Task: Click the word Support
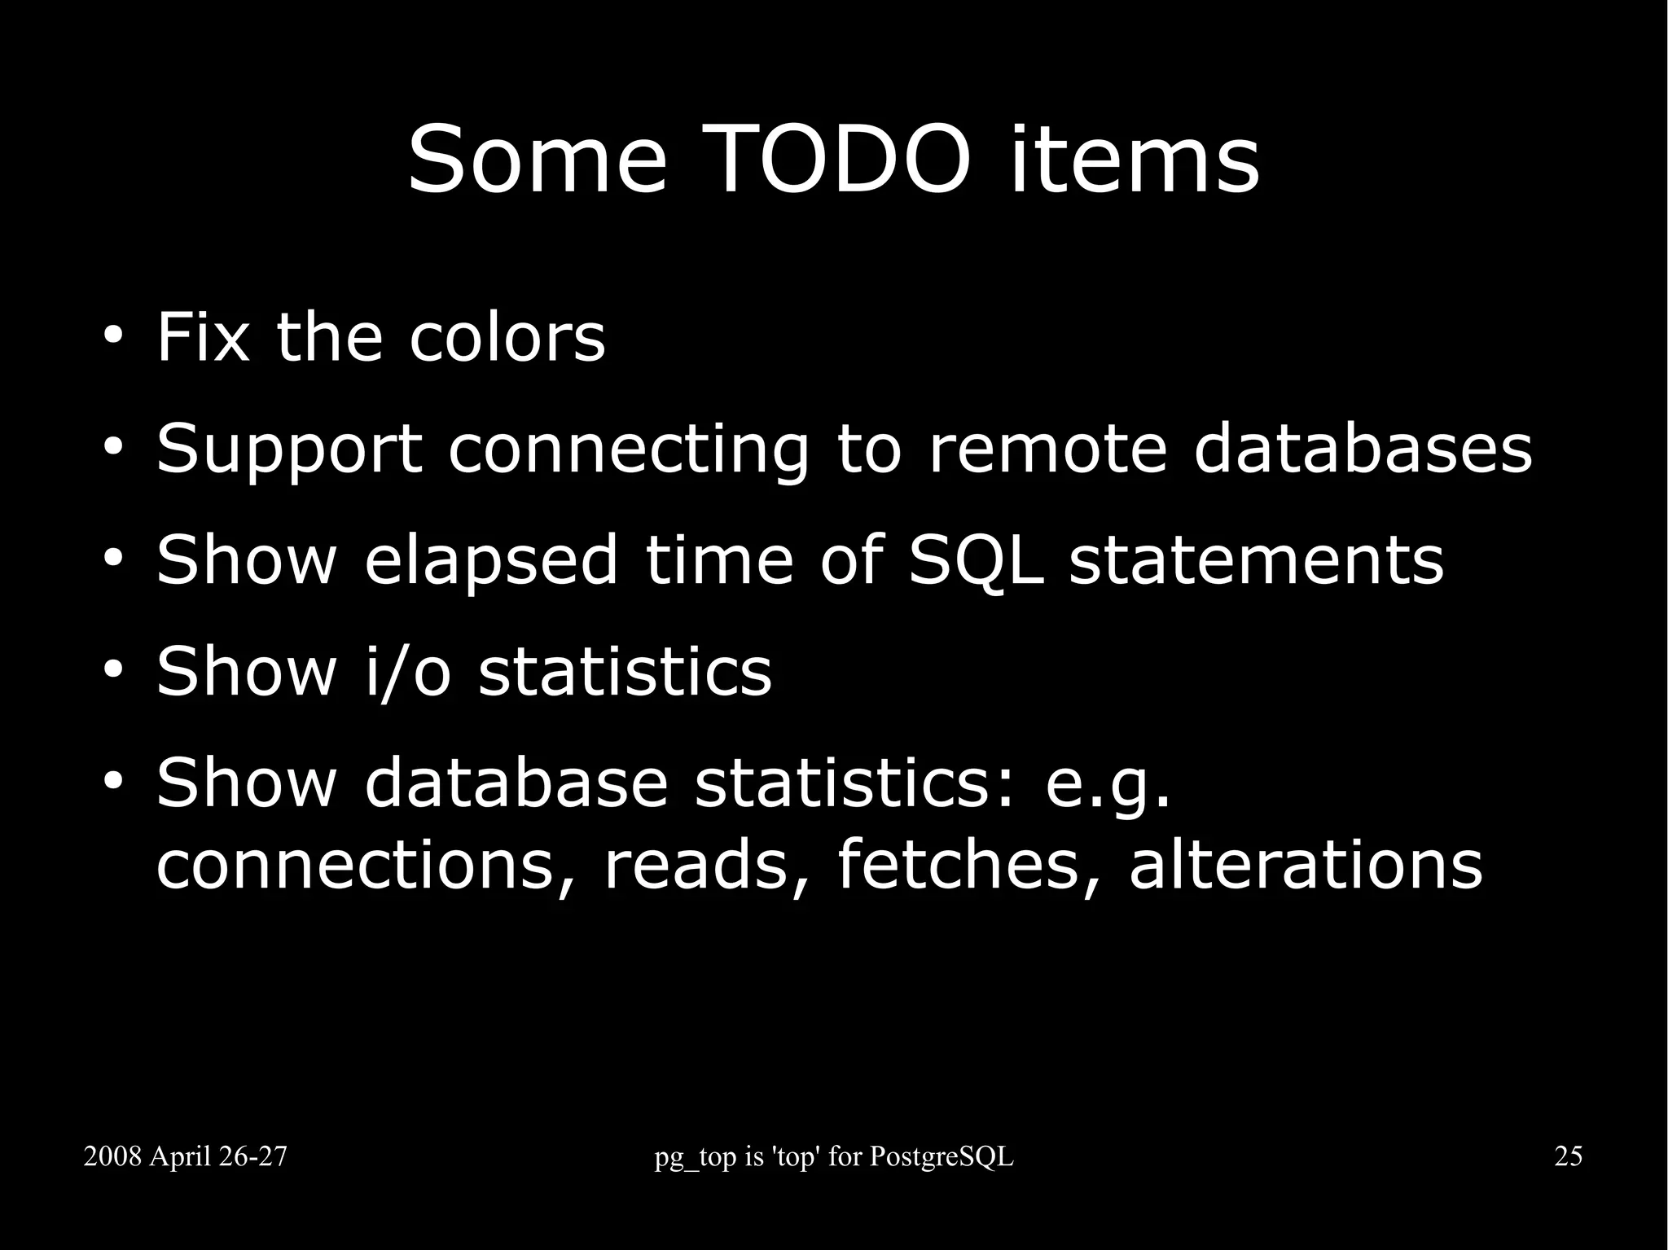[289, 449]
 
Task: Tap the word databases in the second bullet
[1363, 449]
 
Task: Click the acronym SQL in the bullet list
[976, 560]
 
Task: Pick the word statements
[1256, 560]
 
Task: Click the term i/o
[407, 672]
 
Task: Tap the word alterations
[1306, 865]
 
